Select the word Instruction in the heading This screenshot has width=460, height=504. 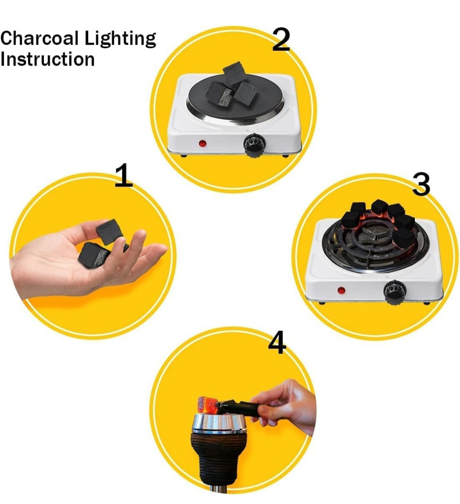[x=47, y=59]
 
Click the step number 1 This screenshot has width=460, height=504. [x=124, y=176]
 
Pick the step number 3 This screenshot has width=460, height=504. [x=421, y=184]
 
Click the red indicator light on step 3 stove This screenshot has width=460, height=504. [x=341, y=291]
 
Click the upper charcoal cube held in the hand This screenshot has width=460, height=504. [x=109, y=231]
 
